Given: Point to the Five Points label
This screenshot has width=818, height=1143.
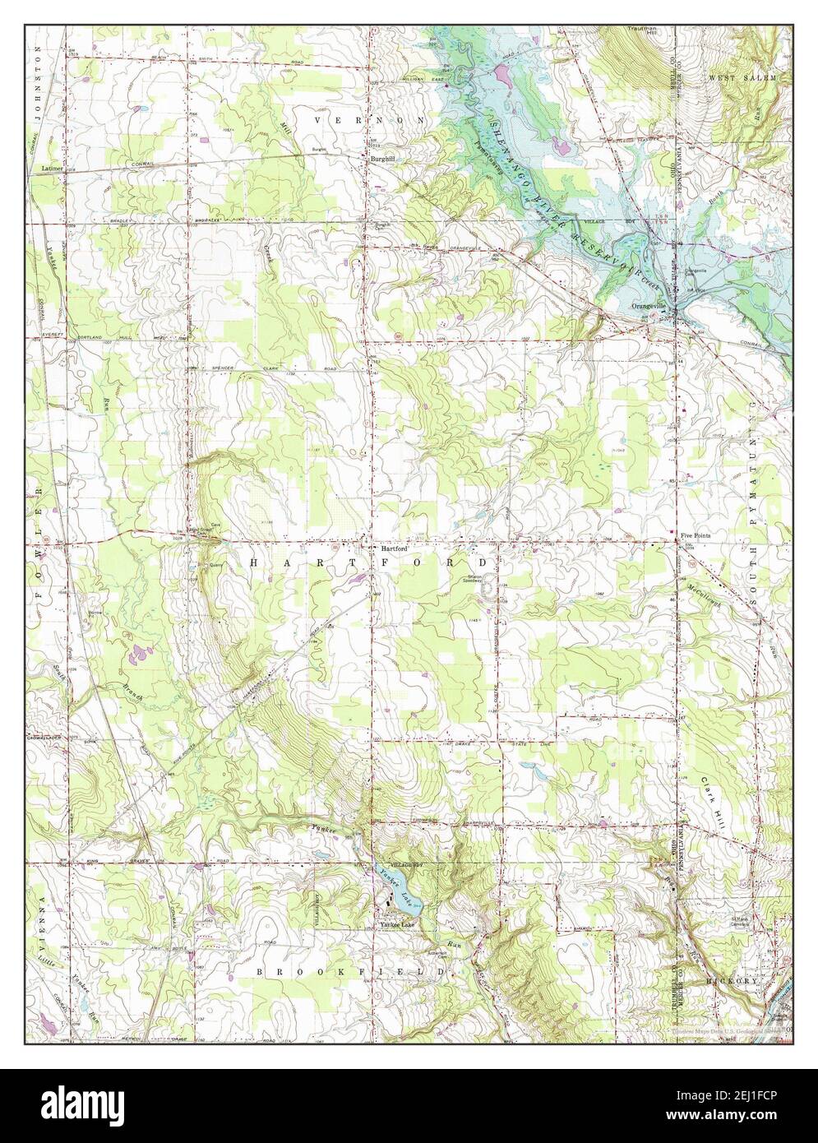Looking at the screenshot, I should click(696, 535).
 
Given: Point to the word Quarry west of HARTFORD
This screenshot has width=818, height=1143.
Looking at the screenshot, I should click(217, 565).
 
